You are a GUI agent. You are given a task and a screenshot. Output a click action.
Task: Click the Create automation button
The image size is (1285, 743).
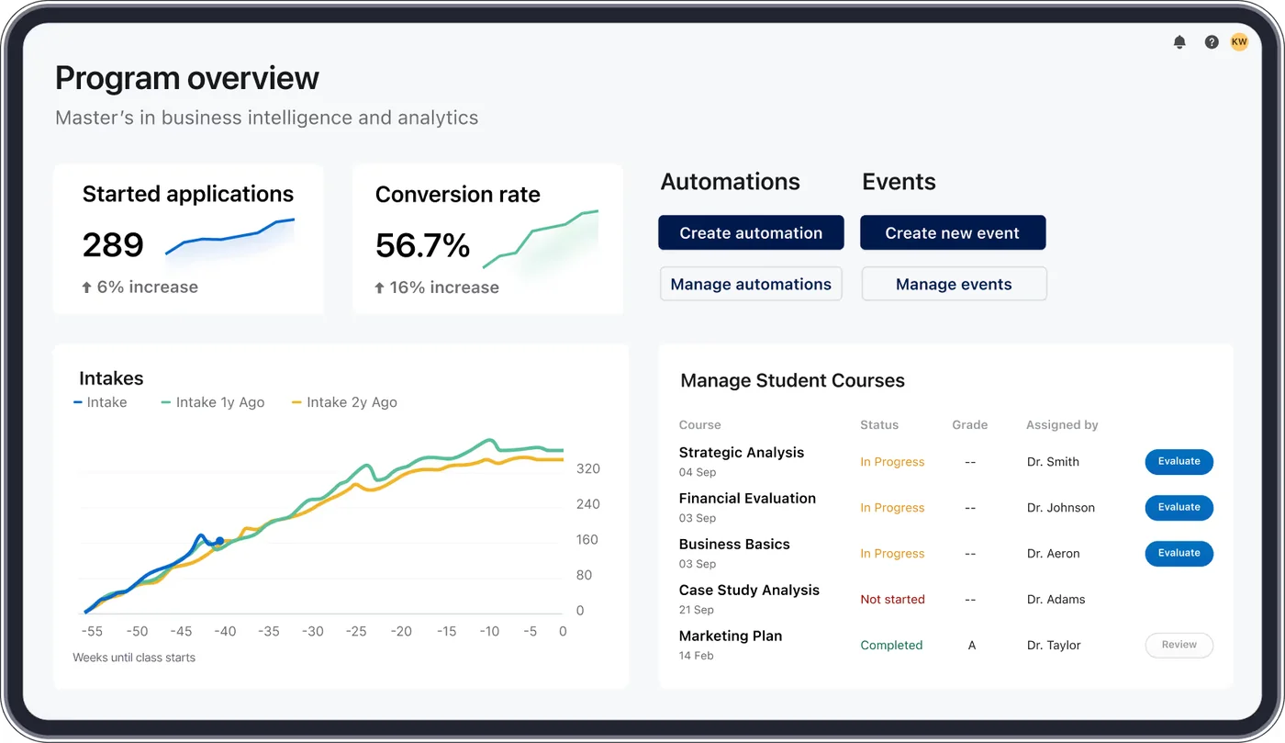pyautogui.click(x=751, y=233)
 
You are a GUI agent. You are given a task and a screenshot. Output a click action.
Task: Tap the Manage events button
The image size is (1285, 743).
pyautogui.click(x=954, y=285)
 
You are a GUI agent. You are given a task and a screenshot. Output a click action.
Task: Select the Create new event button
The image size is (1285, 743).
pyautogui.click(x=952, y=233)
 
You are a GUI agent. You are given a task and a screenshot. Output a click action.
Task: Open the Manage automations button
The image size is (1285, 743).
pyautogui.click(x=751, y=285)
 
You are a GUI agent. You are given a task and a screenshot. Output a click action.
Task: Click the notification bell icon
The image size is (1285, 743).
pyautogui.click(x=1179, y=42)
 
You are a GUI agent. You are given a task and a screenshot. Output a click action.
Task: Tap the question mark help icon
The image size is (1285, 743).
pyautogui.click(x=1212, y=42)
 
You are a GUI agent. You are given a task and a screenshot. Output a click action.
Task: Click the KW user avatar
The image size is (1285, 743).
pyautogui.click(x=1239, y=42)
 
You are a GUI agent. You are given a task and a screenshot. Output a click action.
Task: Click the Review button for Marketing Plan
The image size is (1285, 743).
pyautogui.click(x=1179, y=646)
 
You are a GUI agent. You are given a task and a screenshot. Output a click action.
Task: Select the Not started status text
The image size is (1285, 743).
pyautogui.click(x=892, y=600)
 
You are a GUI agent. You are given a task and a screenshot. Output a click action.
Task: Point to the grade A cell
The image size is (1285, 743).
pyautogui.click(x=971, y=646)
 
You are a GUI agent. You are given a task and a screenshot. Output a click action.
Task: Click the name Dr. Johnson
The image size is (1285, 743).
pyautogui.click(x=1060, y=508)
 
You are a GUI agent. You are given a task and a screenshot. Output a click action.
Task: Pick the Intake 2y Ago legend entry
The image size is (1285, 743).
pyautogui.click(x=344, y=402)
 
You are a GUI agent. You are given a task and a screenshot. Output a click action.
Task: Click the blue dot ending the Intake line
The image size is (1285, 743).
pyautogui.click(x=219, y=541)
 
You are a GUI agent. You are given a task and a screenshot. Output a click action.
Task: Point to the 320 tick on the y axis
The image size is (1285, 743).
pyautogui.click(x=587, y=469)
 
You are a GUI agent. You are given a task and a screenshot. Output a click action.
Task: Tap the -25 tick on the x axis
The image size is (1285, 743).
pyautogui.click(x=356, y=632)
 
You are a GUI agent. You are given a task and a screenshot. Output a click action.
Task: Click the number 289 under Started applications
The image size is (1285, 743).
pyautogui.click(x=113, y=245)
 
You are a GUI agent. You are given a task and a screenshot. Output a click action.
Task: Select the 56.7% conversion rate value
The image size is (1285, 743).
pyautogui.click(x=422, y=245)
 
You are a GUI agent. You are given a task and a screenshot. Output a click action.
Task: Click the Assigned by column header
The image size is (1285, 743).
pyautogui.click(x=1062, y=425)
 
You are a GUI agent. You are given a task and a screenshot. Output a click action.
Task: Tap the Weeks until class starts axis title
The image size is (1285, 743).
pyautogui.click(x=134, y=658)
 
